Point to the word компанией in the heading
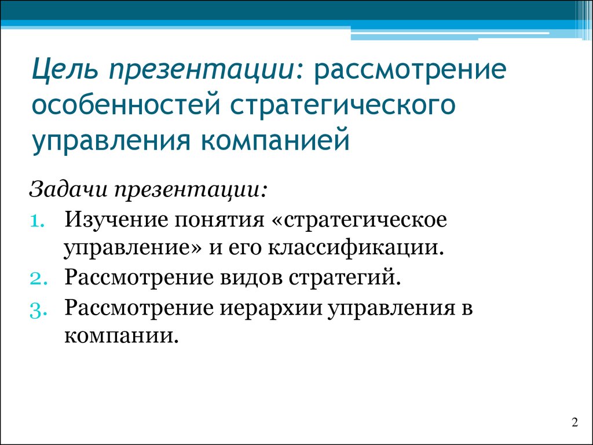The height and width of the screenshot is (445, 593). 274,140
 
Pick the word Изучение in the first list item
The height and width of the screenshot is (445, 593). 116,220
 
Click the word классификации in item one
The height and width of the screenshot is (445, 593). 356,249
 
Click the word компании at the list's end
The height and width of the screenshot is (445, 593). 121,336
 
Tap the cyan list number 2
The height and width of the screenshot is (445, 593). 39,279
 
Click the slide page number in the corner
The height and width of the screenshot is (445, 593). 575,422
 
